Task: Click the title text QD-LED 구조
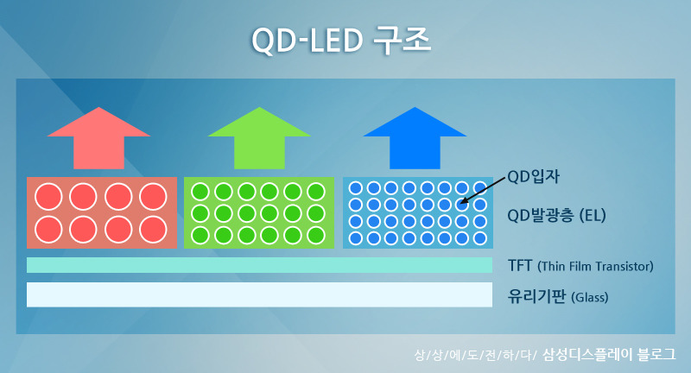point(340,41)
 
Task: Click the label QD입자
point(533,177)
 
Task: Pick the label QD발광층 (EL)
point(556,215)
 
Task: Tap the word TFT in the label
point(520,266)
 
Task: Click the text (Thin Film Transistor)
point(595,267)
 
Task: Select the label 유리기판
point(536,296)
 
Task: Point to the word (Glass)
point(590,297)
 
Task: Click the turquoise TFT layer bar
point(260,265)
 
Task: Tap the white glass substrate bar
point(260,294)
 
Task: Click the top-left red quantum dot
point(48,196)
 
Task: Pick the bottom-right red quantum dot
point(153,230)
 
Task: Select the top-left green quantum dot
point(200,192)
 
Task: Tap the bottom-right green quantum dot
point(316,235)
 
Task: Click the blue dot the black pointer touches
point(462,205)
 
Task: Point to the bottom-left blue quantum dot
point(356,238)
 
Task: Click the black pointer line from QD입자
point(483,191)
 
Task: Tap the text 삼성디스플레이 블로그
point(609,354)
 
